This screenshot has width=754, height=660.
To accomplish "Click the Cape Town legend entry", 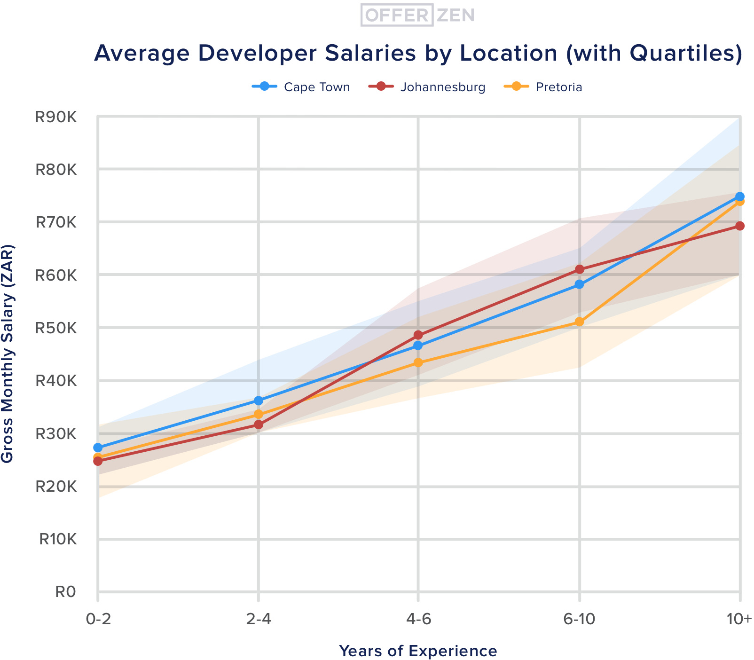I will pos(301,87).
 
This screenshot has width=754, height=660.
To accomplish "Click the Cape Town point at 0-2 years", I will pos(98,448).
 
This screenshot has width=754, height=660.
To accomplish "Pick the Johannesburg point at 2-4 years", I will pos(259,424).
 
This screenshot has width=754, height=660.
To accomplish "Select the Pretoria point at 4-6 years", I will pos(418,362).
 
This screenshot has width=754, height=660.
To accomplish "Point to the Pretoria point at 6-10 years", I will pos(580,322).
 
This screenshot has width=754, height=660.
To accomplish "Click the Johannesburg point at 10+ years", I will pos(740,226).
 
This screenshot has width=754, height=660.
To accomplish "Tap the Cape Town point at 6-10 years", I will pos(580,284).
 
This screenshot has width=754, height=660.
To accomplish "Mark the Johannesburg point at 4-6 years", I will pos(418,335).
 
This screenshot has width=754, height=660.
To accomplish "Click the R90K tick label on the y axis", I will pos(55,117).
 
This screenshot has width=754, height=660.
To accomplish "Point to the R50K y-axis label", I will pos(55,328).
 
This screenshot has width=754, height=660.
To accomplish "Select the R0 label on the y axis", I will pos(65,592).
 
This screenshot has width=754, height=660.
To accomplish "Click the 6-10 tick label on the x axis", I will pos(579,620).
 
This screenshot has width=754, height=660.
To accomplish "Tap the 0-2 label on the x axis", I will pos(98,620).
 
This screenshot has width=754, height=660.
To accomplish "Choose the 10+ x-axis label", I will pos(739,620).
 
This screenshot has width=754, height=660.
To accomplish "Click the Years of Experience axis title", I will pos(418,651).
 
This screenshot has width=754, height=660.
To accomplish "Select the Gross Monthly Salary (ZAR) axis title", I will pos(8,354).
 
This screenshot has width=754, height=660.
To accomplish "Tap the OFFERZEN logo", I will pos(417,15).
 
